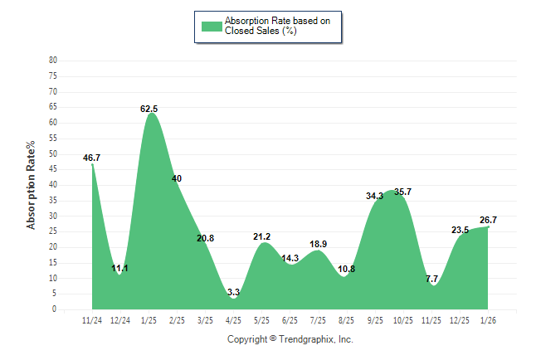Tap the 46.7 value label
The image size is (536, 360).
(92, 158)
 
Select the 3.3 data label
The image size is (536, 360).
(233, 292)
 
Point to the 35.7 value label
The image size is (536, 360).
(402, 192)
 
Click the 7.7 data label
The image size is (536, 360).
(431, 279)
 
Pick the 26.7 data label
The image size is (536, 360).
(488, 220)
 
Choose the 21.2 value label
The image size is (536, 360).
(262, 236)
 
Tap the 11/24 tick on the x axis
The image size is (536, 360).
(92, 319)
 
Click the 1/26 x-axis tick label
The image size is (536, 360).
(488, 319)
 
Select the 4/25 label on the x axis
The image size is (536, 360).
(233, 319)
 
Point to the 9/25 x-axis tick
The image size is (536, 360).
(374, 319)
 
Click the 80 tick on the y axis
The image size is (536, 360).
(53, 61)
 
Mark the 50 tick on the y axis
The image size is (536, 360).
(53, 153)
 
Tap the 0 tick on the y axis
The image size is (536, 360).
(55, 309)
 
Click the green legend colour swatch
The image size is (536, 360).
(212, 26)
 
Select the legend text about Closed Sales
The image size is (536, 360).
(271, 26)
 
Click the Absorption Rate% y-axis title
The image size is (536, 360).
(32, 185)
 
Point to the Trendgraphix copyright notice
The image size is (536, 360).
(290, 339)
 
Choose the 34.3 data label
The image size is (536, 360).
(375, 196)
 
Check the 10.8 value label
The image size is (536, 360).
(347, 270)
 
